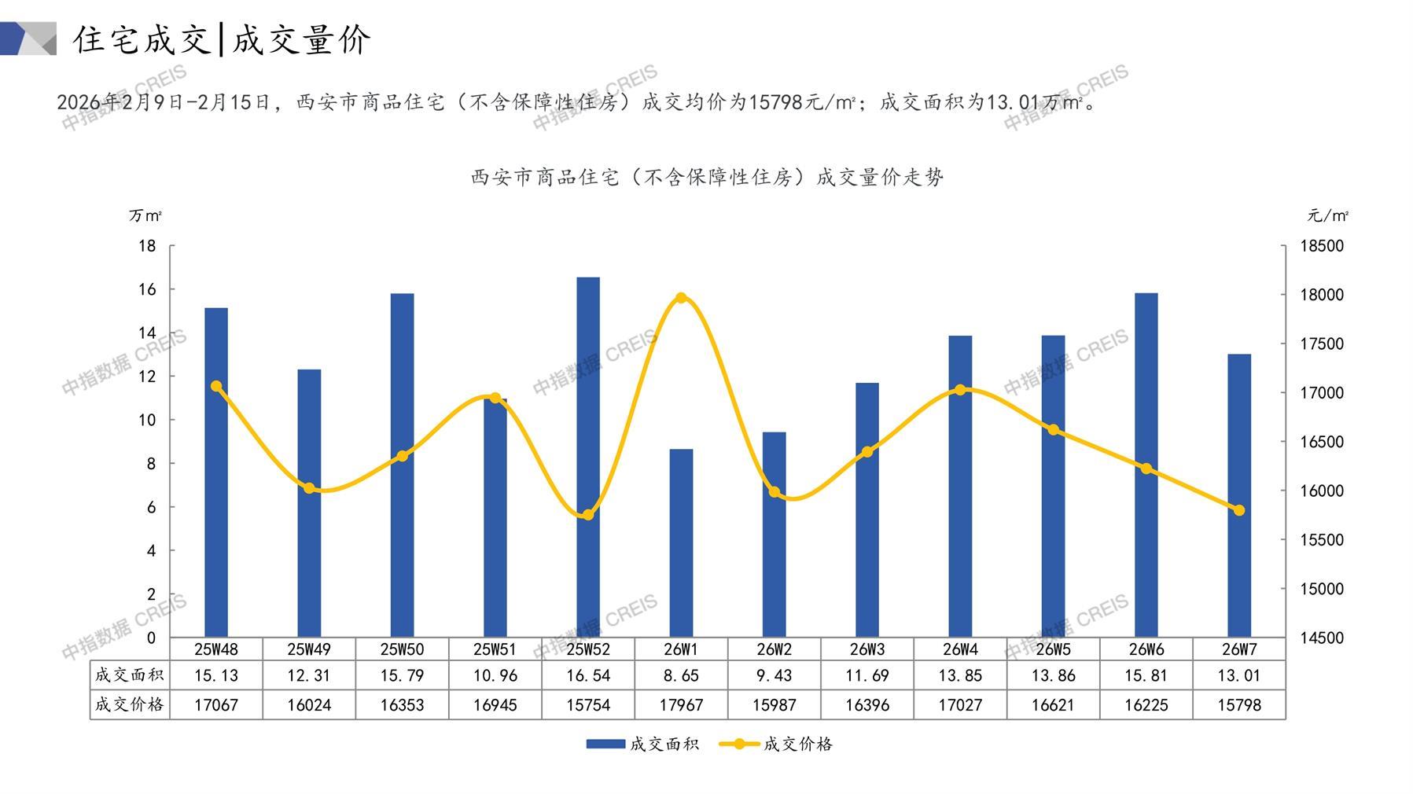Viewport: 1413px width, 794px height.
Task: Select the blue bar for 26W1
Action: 681,543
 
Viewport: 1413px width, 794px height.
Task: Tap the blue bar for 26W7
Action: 1239,495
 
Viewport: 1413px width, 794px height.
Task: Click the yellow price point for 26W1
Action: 681,298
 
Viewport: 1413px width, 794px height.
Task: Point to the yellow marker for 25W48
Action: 216,386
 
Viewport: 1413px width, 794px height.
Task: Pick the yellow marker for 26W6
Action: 1146,469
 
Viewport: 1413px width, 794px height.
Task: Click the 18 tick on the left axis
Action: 147,246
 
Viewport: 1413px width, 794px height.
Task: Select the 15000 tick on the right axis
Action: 1322,589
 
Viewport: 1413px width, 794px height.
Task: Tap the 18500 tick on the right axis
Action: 1322,246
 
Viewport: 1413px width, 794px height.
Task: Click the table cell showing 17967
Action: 681,705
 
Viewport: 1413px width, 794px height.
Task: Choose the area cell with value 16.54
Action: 588,675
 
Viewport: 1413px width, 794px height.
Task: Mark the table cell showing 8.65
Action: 681,675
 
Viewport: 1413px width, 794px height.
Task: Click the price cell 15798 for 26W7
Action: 1239,705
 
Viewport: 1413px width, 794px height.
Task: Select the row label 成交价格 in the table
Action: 130,704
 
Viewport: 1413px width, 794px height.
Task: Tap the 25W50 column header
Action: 402,649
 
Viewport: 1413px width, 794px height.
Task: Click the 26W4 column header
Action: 960,649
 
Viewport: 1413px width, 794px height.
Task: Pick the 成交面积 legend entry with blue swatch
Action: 642,744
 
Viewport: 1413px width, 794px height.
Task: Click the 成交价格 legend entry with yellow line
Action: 776,744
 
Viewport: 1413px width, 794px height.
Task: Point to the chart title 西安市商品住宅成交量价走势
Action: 707,177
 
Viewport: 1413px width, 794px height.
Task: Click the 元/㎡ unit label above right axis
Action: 1328,215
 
